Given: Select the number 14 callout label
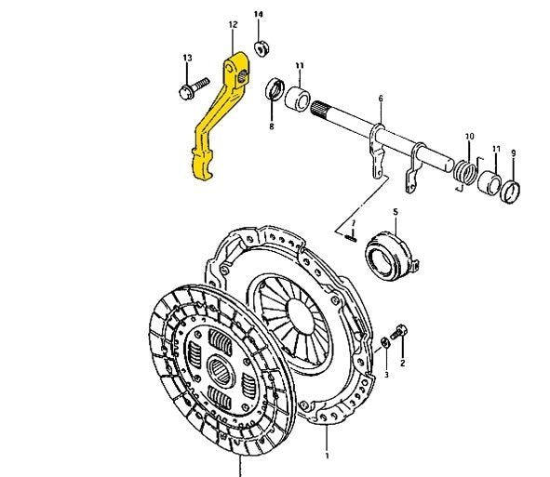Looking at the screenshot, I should click(259, 15).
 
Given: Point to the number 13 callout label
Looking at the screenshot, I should click(187, 58).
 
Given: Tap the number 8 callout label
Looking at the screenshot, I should click(272, 126).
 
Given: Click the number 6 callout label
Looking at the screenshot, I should click(380, 98).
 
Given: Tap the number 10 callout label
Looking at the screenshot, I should click(469, 137).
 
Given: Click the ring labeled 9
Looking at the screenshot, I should click(511, 192).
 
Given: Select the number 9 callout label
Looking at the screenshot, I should click(513, 152).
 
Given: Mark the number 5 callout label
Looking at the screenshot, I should click(395, 212).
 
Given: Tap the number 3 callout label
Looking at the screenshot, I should click(386, 375).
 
